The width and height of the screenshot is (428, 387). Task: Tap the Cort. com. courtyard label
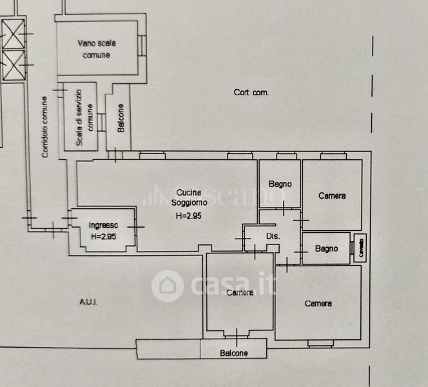[251, 92]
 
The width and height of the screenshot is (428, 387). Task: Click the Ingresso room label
[103, 225]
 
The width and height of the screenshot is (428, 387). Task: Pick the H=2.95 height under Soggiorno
[187, 215]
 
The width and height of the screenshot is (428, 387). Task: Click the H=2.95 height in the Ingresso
[103, 236]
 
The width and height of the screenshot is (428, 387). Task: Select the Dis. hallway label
[273, 237]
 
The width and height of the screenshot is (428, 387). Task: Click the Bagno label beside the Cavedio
[327, 248]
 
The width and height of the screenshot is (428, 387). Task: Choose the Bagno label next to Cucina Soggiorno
[280, 184]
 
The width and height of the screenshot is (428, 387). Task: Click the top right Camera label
[332, 195]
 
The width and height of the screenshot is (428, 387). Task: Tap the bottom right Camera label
[318, 303]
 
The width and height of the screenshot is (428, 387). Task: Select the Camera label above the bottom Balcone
[239, 292]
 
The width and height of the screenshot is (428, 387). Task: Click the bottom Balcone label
[233, 353]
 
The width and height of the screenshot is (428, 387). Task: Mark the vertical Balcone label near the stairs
[121, 118]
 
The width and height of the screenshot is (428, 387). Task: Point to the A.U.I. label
[88, 301]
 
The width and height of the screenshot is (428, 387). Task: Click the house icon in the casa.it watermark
[168, 285]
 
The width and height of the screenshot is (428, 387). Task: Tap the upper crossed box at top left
[13, 31]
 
